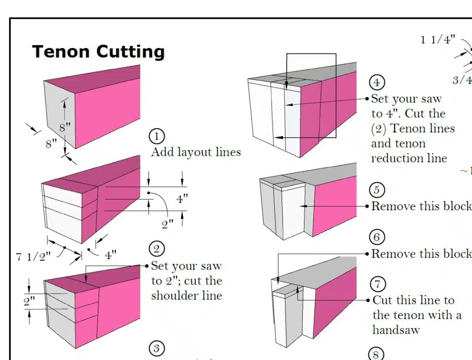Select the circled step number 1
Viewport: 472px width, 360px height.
pos(157,137)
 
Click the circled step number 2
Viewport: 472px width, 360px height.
pos(157,249)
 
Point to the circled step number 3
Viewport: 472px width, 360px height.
pos(157,348)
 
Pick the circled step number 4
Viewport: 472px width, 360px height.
pos(377,83)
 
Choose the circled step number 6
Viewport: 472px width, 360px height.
pos(377,237)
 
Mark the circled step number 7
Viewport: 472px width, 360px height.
pos(377,284)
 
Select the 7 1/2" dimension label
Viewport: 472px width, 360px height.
pos(33,257)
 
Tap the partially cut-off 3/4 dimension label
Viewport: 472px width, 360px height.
pos(462,80)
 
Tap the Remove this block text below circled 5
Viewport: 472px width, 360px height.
pos(421,206)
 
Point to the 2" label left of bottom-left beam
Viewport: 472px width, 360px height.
pos(29,302)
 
